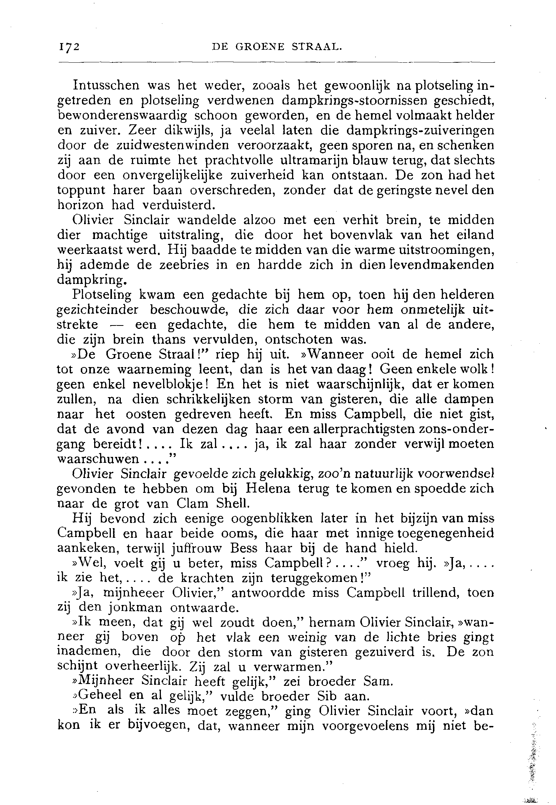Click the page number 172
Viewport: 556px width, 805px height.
click(69, 47)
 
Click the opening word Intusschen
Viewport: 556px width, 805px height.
click(106, 86)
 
